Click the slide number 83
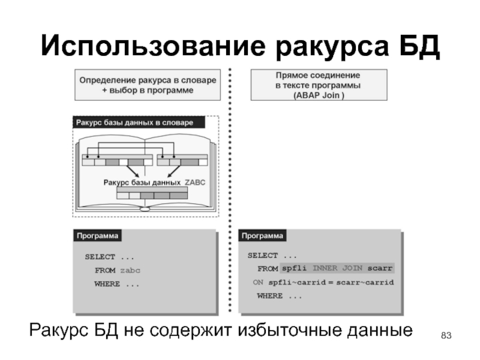coord(445,334)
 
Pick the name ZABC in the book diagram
coord(195,182)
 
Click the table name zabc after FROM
coord(130,271)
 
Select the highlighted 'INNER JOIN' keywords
coord(338,268)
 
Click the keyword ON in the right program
coord(258,282)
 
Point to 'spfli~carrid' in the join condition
coord(293,282)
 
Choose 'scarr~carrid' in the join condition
coord(365,282)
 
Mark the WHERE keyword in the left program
coord(107,284)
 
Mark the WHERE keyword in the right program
coord(270,296)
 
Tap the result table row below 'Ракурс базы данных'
coord(152,194)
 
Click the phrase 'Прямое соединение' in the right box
coord(317,77)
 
